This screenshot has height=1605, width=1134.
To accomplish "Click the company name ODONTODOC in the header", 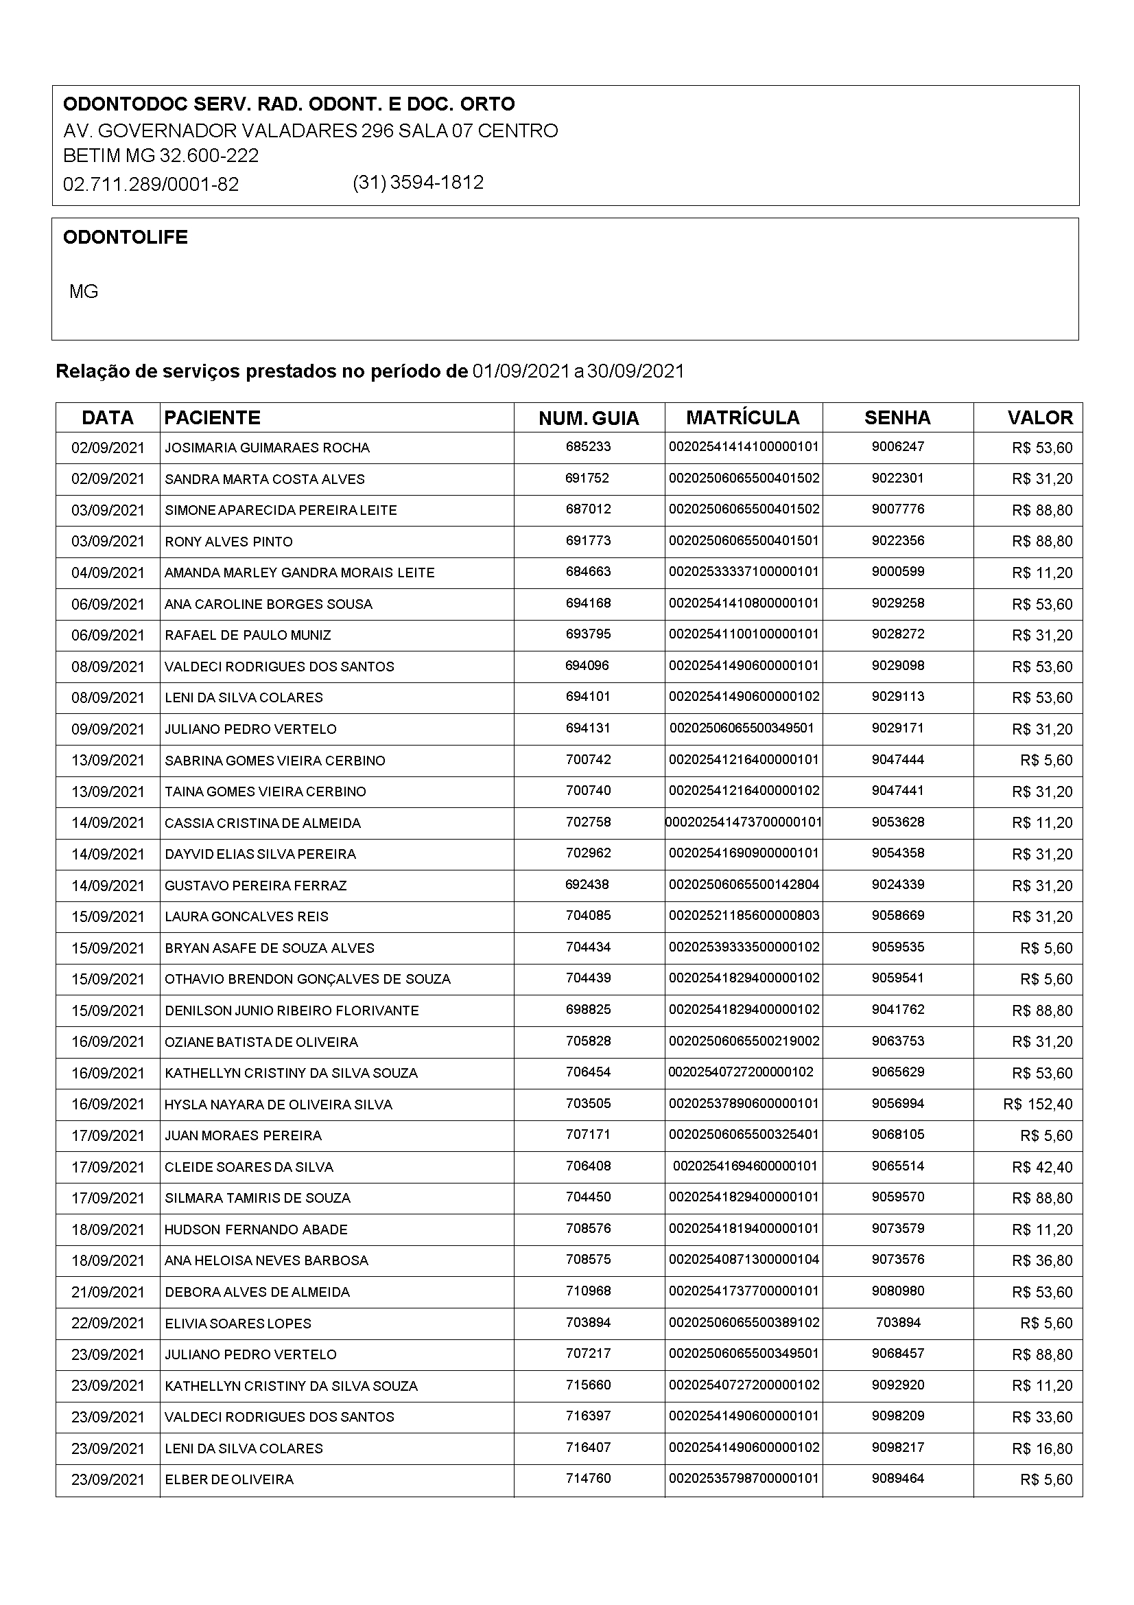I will click(289, 104).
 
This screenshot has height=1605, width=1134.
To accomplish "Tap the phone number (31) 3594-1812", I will click(418, 183).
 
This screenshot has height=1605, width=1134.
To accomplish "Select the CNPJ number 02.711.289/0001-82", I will click(151, 185).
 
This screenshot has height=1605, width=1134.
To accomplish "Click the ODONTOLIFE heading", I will click(125, 238).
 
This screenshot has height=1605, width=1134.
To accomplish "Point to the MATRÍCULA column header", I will click(743, 418).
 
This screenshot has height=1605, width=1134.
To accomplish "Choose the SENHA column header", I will click(897, 418).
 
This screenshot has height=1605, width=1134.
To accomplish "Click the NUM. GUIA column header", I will click(589, 419).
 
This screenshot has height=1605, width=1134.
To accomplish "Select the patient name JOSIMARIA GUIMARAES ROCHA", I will click(267, 448).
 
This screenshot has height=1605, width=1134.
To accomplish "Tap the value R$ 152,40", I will click(1037, 1105).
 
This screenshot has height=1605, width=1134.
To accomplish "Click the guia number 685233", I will click(589, 447).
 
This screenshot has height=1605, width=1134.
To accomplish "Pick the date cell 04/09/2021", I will click(108, 573).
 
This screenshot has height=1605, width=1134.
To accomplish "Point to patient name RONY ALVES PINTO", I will click(228, 542).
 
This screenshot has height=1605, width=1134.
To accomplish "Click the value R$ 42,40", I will click(1042, 1168).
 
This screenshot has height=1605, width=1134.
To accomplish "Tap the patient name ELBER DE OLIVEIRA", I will click(228, 1480).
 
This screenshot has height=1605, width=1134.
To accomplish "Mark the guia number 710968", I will click(589, 1291).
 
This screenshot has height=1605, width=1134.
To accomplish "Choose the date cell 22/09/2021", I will click(108, 1324).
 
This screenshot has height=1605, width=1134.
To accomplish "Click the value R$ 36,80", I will click(1042, 1261).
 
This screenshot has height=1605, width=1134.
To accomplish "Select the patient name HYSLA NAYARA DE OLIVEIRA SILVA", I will click(278, 1105).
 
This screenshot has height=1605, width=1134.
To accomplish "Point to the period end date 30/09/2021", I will click(635, 371).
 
